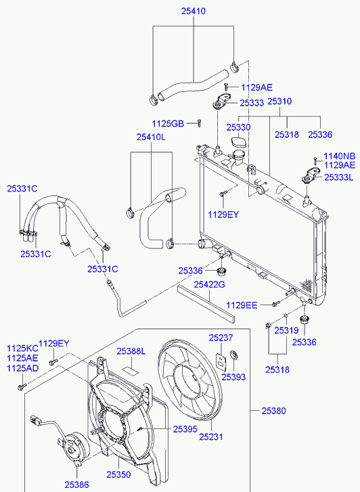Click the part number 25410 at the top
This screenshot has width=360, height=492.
(x=193, y=12)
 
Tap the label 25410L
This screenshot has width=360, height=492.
(x=151, y=137)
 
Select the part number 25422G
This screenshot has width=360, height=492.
(x=209, y=285)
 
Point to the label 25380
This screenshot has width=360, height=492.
(x=273, y=411)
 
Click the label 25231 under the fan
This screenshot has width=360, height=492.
(x=211, y=437)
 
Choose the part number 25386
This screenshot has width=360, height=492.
(x=77, y=485)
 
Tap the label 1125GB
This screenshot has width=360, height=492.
(x=168, y=124)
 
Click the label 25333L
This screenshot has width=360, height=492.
(x=338, y=177)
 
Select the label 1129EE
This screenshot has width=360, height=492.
(x=242, y=305)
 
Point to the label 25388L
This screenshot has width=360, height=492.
(x=131, y=351)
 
